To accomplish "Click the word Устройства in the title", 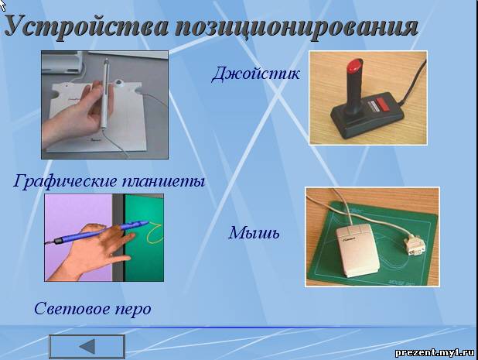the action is click(87, 27).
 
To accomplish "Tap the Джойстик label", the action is click(255, 74).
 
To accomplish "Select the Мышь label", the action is click(254, 233).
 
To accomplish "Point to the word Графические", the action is click(65, 181).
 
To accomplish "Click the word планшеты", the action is click(163, 181).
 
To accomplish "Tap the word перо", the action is click(133, 310).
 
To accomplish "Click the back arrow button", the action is click(87, 347).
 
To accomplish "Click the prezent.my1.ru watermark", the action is click(435, 353).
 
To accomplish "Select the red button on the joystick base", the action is click(384, 104).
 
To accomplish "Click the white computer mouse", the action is click(357, 250).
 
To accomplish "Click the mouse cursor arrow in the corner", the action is click(3, 5).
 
